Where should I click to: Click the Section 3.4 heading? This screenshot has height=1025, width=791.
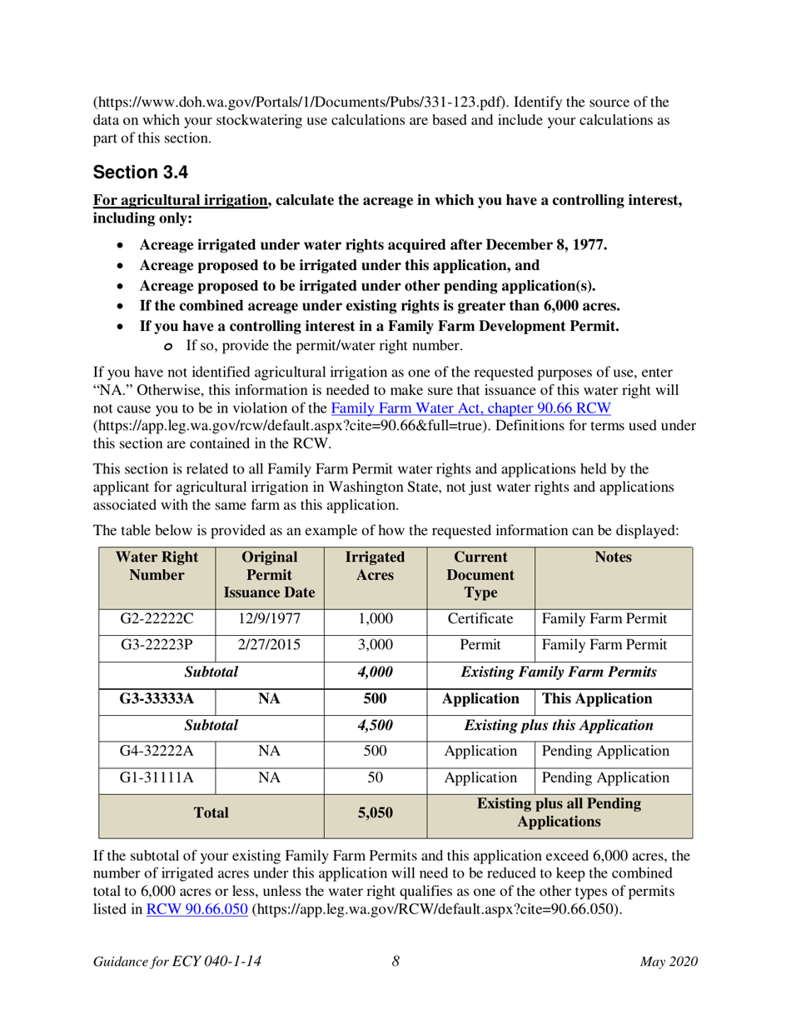click(x=141, y=172)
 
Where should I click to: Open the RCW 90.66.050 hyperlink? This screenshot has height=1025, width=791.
click(x=197, y=909)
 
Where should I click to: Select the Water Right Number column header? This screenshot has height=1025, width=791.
click(x=157, y=566)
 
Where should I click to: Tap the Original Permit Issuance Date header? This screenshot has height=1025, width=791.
click(x=270, y=574)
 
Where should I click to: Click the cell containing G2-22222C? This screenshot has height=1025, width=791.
click(x=157, y=619)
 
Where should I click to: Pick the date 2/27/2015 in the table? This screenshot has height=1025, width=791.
click(x=270, y=645)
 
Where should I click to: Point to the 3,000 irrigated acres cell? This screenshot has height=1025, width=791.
click(x=375, y=645)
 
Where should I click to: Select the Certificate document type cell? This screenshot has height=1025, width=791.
click(x=480, y=619)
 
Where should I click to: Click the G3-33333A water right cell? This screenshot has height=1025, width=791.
click(x=157, y=698)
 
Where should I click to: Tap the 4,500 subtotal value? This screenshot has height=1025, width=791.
click(x=375, y=725)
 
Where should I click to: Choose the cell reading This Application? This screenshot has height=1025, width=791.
click(x=612, y=698)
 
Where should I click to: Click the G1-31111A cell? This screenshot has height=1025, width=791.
click(x=157, y=777)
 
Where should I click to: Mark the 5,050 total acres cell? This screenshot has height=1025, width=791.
click(x=375, y=812)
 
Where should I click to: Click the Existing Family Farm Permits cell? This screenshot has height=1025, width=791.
click(x=559, y=672)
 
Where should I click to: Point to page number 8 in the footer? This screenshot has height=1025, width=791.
click(x=396, y=962)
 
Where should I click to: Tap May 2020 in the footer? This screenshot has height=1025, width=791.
click(x=668, y=962)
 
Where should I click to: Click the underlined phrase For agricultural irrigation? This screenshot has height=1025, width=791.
click(x=181, y=201)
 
